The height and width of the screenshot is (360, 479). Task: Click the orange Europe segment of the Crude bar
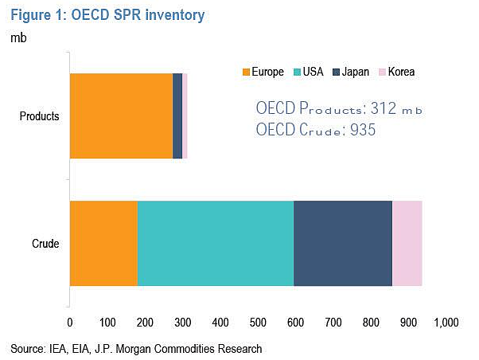click(103, 244)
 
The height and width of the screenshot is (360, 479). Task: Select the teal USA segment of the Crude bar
click(216, 244)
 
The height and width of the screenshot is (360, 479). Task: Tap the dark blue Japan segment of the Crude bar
click(343, 244)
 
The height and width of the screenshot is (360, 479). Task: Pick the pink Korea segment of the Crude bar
click(407, 244)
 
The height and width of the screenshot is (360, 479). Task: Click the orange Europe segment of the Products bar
click(121, 116)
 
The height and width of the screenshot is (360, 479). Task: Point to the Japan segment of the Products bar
click(177, 116)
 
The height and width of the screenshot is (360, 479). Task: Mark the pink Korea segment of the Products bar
click(185, 116)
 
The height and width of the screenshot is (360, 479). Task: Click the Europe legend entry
click(263, 72)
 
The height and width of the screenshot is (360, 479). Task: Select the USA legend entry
click(308, 72)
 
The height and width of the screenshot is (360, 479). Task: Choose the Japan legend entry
click(351, 72)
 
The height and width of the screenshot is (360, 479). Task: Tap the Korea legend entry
click(397, 72)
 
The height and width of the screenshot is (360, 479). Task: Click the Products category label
click(40, 116)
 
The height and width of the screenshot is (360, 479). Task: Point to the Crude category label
click(45, 244)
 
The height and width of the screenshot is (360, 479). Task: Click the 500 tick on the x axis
click(258, 323)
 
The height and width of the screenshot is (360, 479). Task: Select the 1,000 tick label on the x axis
click(446, 323)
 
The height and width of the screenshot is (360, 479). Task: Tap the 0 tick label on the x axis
click(70, 323)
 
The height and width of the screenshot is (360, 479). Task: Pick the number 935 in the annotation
click(363, 130)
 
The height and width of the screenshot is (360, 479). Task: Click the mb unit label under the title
click(18, 38)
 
